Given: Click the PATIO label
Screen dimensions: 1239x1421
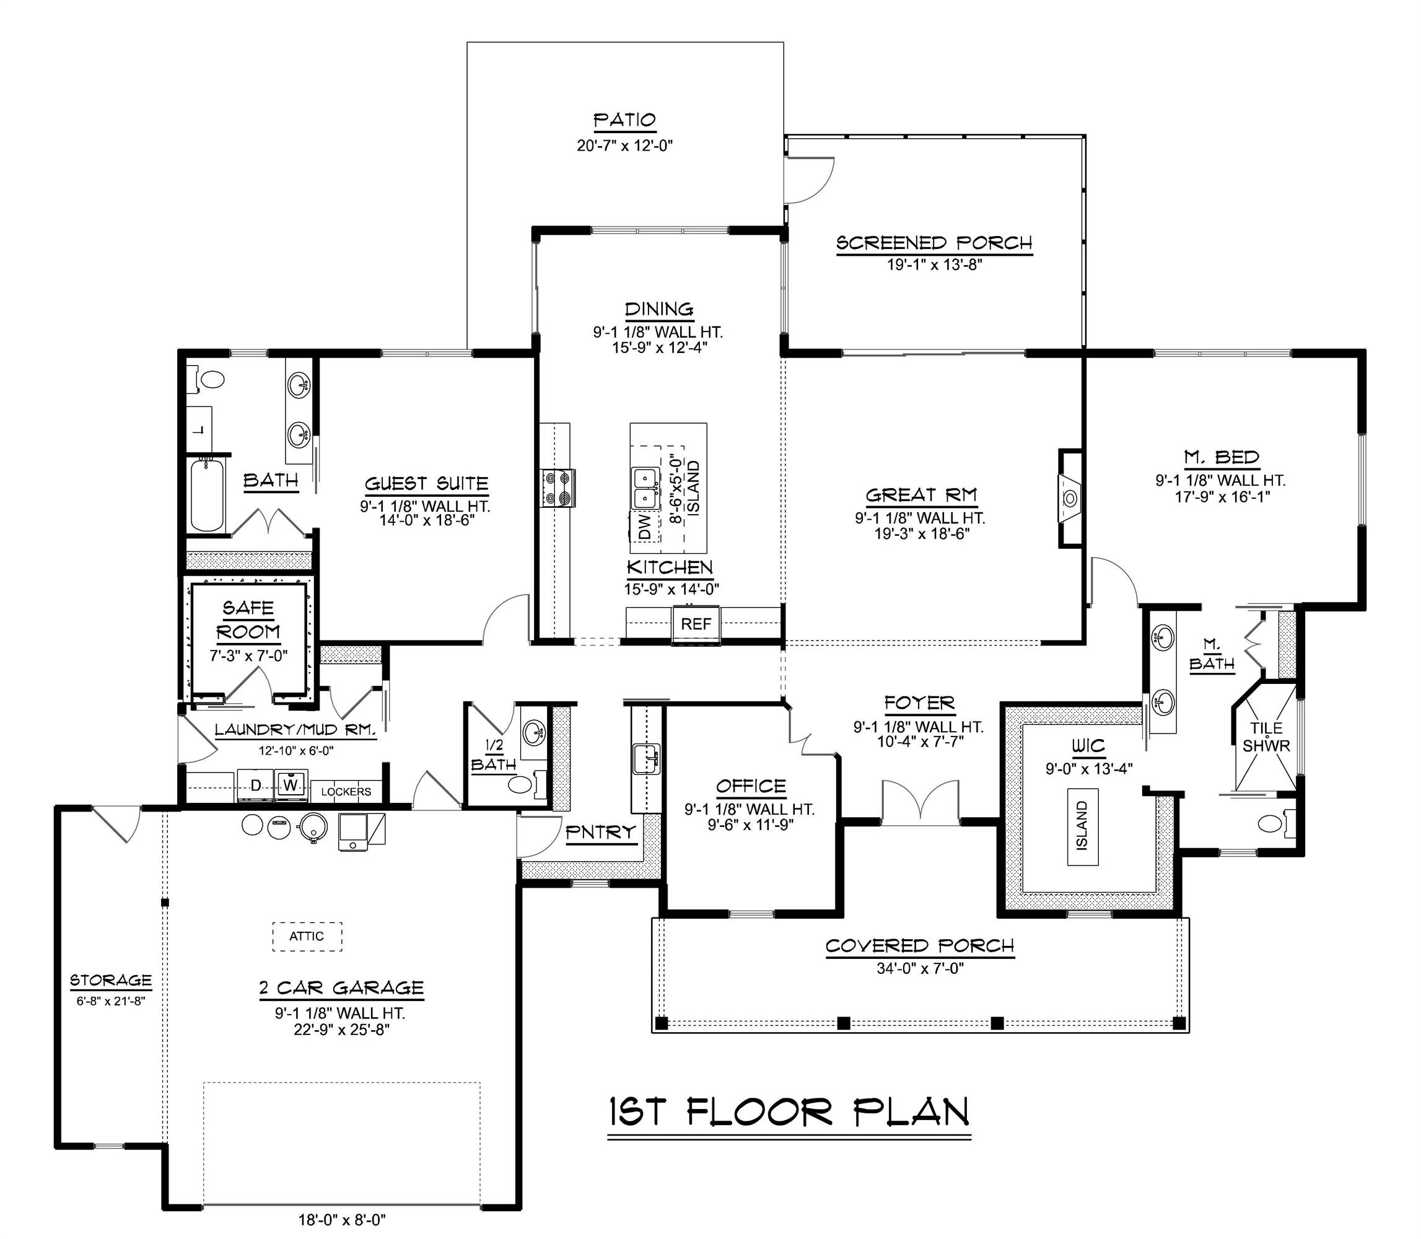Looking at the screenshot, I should pos(624,120).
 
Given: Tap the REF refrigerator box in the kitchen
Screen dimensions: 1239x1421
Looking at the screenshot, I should pos(696,624).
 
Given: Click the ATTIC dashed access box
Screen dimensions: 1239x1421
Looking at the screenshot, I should pos(307,936).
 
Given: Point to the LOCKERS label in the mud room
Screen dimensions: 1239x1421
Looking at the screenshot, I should pos(346,792).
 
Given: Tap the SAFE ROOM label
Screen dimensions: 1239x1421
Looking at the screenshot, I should pos(248,619).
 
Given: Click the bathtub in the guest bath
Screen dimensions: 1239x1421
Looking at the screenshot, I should pos(207,494).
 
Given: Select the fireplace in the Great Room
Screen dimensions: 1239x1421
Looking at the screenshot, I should pos(1069,497).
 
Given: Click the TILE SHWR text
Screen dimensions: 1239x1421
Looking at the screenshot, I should pos(1266,737).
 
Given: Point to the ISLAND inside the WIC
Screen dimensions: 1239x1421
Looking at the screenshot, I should pos(1082,825).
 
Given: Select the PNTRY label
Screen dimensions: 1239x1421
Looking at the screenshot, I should pos(600,833).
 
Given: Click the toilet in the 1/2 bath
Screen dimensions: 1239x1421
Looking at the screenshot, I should pos(520,784).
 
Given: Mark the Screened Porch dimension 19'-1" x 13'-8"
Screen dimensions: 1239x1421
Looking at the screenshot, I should pos(934,264).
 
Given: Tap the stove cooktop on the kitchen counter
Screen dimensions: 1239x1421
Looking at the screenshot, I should pos(557,488).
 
